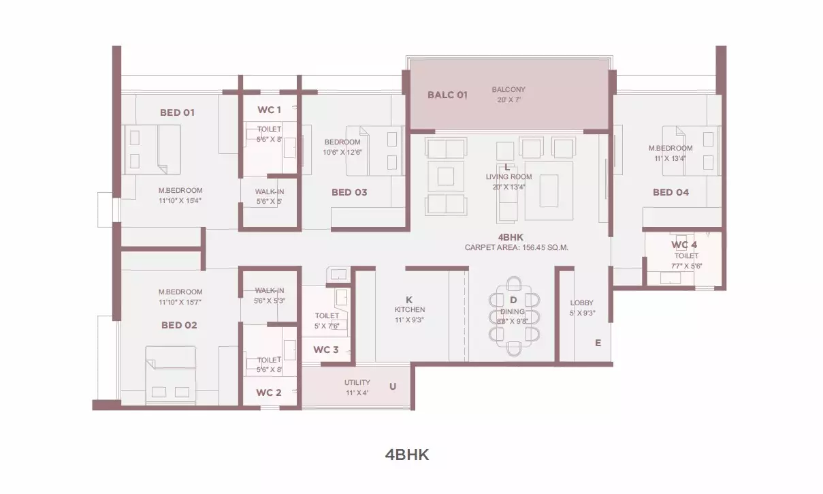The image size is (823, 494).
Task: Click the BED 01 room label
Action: click(177, 112)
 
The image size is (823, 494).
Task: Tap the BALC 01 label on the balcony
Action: click(447, 95)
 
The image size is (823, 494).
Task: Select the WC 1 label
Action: click(270, 110)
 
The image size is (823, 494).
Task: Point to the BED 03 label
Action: click(349, 192)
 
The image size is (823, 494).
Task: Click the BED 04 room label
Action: click(671, 192)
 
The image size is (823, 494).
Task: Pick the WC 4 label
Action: click(684, 245)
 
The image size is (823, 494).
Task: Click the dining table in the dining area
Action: click(514, 316)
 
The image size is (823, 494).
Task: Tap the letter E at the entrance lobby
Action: click(598, 343)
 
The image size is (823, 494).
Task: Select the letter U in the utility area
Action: click(393, 386)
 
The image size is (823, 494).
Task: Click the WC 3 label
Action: click(326, 350)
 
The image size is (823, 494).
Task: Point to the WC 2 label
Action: click(269, 392)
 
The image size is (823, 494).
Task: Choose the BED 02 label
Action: click(179, 325)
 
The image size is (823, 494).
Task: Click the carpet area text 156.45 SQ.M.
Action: click(545, 247)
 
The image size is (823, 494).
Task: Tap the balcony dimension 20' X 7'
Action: click(509, 99)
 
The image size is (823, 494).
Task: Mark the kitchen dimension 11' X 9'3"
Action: click(410, 320)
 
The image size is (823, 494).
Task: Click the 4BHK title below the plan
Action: click(407, 455)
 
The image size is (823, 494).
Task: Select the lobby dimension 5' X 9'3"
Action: click(582, 313)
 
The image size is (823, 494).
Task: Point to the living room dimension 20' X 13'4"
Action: click(509, 187)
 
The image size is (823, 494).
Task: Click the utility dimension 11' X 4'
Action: click(357, 393)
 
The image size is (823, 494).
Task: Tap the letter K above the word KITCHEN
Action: click(409, 300)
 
